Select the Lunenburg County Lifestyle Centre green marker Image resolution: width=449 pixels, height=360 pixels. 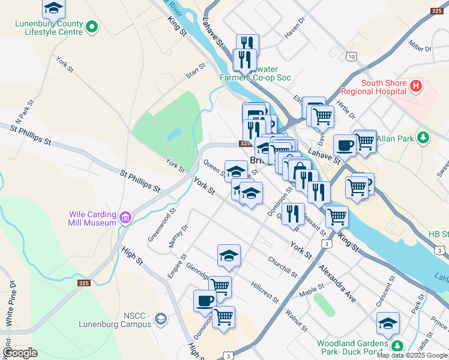92,26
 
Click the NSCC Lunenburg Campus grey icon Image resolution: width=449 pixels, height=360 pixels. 160,319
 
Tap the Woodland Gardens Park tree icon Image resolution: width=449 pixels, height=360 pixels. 397,346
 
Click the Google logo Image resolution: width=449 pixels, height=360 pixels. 20,353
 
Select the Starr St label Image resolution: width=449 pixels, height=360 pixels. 196,74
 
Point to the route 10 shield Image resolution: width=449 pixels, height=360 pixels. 351,56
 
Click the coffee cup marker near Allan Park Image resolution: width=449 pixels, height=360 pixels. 345,146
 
